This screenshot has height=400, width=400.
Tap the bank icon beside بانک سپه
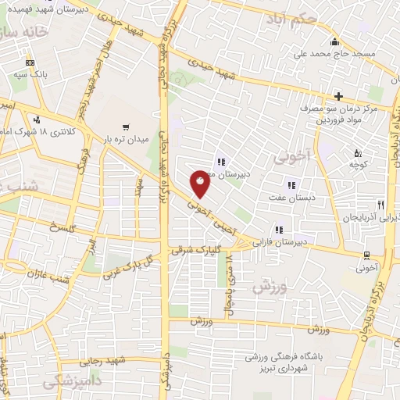click(x=30, y=62)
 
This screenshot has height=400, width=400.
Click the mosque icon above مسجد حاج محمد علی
click(x=334, y=42)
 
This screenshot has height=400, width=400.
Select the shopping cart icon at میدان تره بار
click(x=125, y=127)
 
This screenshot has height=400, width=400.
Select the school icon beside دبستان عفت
click(x=291, y=185)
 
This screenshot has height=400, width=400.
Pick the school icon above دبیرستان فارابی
click(x=278, y=230)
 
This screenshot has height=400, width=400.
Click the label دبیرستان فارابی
click(x=280, y=243)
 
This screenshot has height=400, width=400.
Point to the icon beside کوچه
click(x=358, y=153)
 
